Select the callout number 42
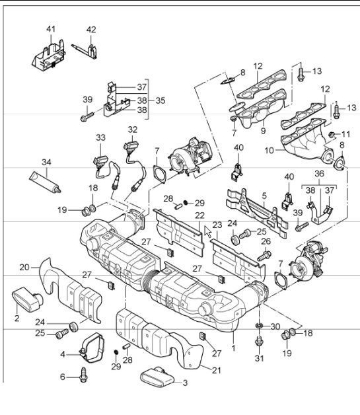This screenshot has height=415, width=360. (91, 30)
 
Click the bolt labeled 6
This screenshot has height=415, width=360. (84, 375)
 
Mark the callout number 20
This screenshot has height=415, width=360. (23, 268)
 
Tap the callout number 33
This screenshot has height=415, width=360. (100, 137)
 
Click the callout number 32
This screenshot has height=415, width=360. (132, 130)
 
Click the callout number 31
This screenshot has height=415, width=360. (259, 359)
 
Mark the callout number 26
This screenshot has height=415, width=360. (266, 241)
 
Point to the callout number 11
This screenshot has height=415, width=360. (345, 134)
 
